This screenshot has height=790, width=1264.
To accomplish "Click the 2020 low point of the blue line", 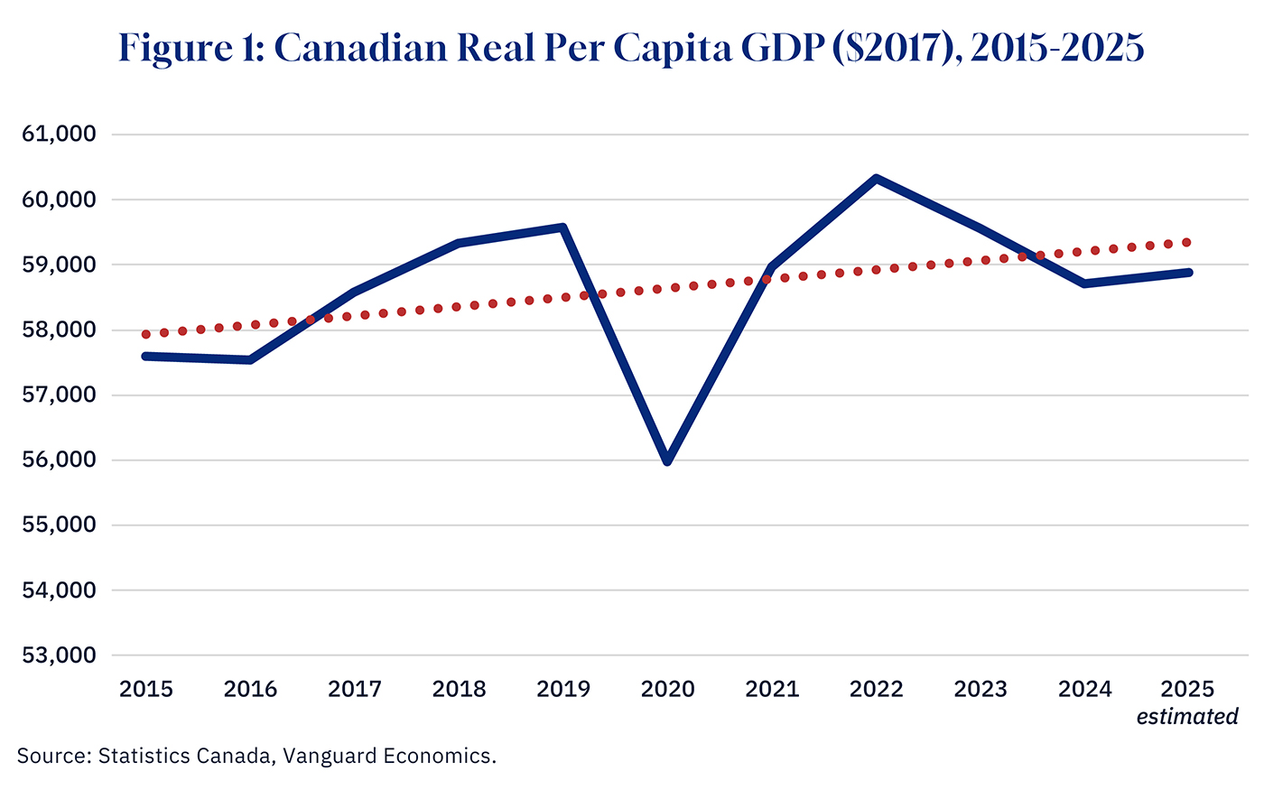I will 667,460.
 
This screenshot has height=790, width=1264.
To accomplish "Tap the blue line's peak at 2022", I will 876,179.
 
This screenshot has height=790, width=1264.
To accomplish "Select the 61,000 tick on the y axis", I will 59,135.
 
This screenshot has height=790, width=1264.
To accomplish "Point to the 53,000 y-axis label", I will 59,655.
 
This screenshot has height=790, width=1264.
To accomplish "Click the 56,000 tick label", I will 59,460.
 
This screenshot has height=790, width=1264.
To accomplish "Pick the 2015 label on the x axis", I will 146,690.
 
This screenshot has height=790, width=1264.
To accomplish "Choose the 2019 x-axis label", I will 563,690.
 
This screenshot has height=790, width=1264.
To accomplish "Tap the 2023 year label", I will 981,690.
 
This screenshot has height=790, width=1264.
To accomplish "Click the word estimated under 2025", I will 1187,717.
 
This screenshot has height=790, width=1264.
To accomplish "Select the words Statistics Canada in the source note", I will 184,756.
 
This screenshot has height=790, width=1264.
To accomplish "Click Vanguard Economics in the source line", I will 389,756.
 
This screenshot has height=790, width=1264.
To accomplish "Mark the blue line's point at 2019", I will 563,228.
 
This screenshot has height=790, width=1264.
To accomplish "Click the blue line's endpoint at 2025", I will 1188,272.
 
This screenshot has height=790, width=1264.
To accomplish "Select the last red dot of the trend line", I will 1187,242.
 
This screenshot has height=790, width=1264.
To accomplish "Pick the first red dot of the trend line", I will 146,334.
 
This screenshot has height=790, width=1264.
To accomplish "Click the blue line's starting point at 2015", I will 146,357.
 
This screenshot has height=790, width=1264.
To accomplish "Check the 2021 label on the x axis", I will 772,690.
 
